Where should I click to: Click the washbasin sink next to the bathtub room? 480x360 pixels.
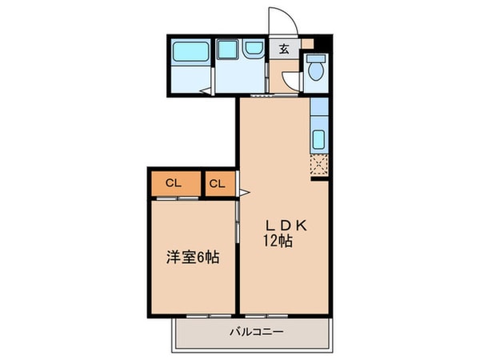pos(253,50)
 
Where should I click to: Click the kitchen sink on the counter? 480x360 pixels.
pos(318,138)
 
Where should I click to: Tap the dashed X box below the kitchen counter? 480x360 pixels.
pos(318,165)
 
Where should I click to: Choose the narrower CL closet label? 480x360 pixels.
pos(218,184)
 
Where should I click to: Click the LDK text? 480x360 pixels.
pos(282,225)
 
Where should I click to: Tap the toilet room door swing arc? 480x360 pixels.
pos(291,81)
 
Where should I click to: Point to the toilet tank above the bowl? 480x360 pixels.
pos(316,58)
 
